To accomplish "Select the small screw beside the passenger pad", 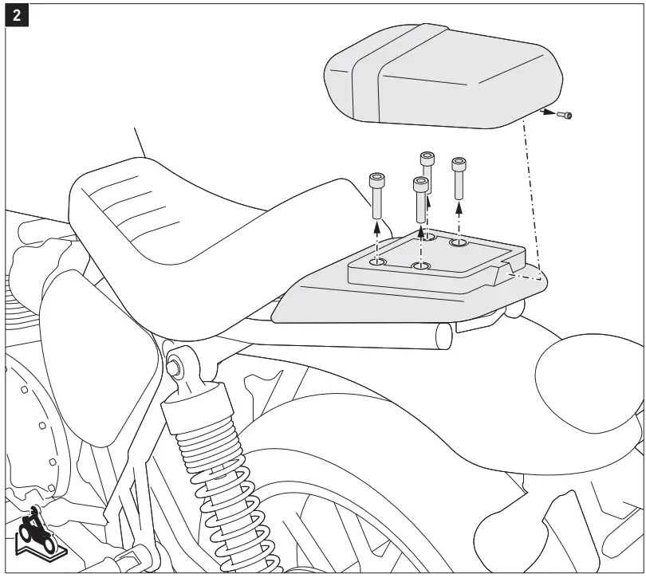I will [566, 116].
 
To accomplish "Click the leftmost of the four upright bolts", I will [377, 195].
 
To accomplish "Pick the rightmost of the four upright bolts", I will [459, 177].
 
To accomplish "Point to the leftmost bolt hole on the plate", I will [377, 261].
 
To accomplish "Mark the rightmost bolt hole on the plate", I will [459, 242].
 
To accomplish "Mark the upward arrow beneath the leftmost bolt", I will [377, 231].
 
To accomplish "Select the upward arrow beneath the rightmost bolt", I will [459, 211].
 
